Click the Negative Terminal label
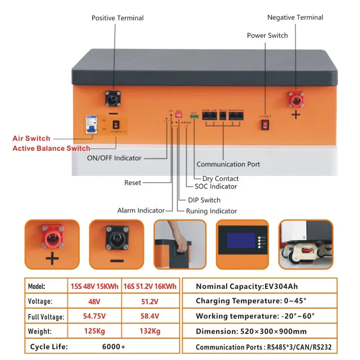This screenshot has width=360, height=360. [295, 18]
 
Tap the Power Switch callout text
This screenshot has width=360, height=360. [267, 36]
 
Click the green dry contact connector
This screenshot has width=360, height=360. [194, 117]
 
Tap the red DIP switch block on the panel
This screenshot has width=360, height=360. [179, 115]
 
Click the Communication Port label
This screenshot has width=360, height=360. [228, 164]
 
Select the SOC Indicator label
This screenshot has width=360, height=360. [216, 186]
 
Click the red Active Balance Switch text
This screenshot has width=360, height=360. [51, 148]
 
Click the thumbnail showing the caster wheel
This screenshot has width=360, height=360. [306, 244]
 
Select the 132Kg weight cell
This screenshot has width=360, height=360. [150, 331]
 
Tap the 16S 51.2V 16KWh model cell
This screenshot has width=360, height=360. [150, 286]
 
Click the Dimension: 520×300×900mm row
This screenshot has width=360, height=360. [251, 331]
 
